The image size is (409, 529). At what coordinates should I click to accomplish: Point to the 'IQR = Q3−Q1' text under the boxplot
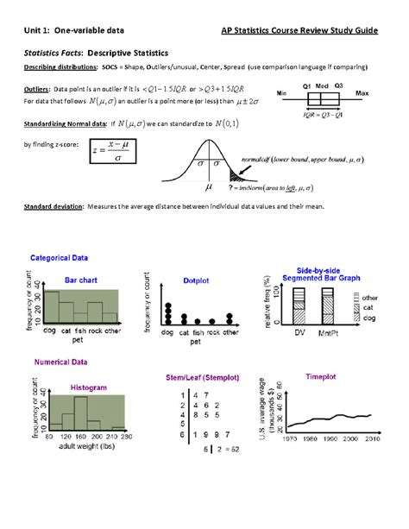(x=323, y=113)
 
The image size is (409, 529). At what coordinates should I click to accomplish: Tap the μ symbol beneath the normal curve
(x=208, y=186)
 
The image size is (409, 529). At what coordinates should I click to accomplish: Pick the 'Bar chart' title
(x=82, y=280)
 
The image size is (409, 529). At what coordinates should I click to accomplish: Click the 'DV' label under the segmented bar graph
(x=300, y=332)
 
